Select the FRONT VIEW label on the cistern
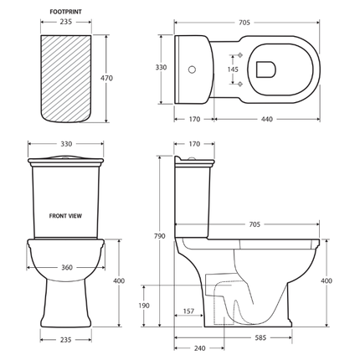(66, 215)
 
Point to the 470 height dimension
(106, 78)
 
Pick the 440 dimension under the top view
(266, 120)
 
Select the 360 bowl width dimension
(67, 268)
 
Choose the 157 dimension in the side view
(188, 311)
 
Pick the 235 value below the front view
(66, 340)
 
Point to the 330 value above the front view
(66, 144)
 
